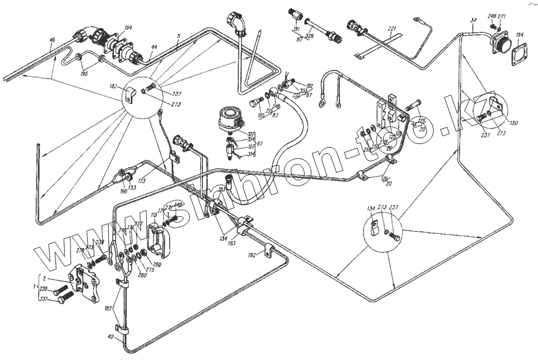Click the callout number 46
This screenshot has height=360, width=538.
(x=52, y=40)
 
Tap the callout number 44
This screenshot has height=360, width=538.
(x=154, y=47)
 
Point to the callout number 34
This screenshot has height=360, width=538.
(x=473, y=20)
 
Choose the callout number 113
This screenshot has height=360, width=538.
(x=154, y=214)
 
